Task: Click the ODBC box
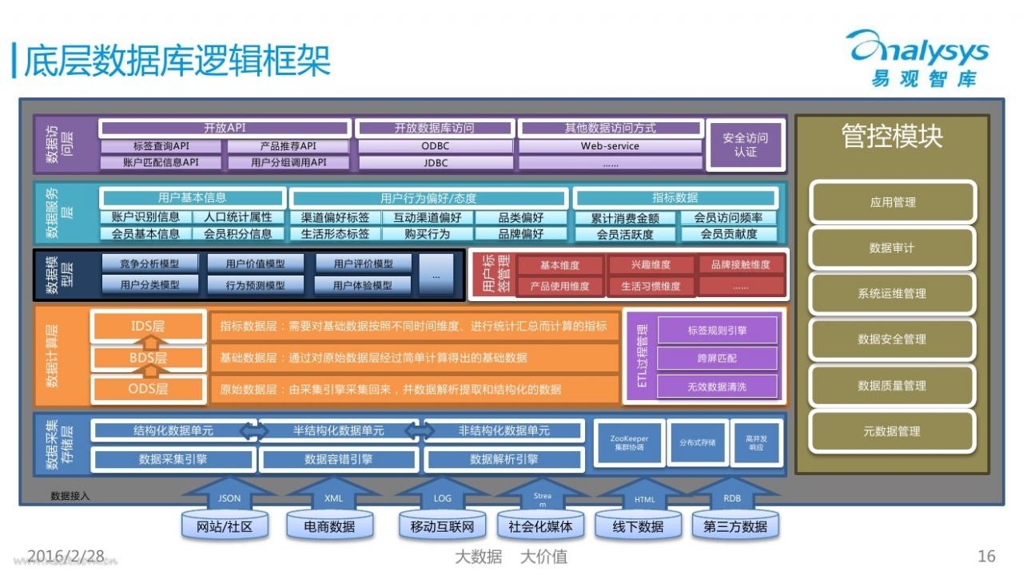tap(435, 146)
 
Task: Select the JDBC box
tap(435, 163)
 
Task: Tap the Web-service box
tap(610, 146)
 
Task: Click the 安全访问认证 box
tap(745, 145)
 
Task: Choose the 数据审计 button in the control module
tap(892, 248)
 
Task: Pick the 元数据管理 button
tap(892, 431)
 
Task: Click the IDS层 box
tap(149, 326)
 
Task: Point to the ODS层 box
tap(149, 389)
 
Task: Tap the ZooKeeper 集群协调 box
tap(629, 443)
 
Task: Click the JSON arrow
tap(229, 498)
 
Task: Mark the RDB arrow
tap(731, 498)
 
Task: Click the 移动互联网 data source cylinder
tap(442, 526)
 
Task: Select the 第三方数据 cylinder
tap(735, 526)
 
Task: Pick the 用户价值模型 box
tap(255, 264)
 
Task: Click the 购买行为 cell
tap(427, 234)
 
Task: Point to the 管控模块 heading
tap(892, 137)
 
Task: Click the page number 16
tap(986, 557)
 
